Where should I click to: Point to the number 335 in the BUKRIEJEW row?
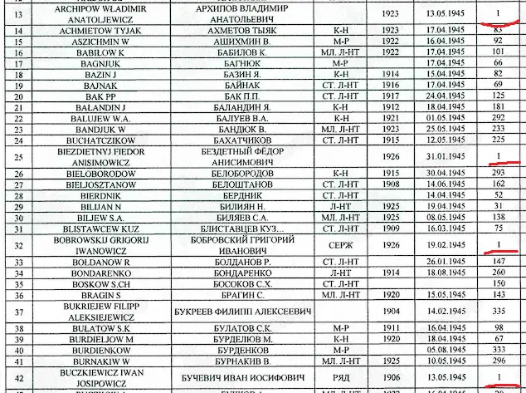[x=498, y=311]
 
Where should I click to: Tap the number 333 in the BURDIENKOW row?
[x=498, y=350]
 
